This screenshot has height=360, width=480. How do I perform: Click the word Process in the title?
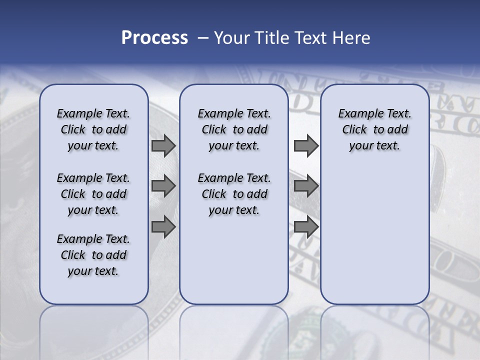(154, 37)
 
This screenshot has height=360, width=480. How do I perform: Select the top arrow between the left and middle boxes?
(163, 146)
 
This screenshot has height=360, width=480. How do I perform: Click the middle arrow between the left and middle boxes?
(163, 186)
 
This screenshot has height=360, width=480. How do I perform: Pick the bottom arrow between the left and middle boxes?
(163, 227)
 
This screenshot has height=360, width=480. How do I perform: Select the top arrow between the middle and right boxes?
(306, 146)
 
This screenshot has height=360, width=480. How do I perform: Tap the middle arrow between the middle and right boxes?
(306, 186)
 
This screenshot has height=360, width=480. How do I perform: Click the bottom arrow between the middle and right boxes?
(306, 227)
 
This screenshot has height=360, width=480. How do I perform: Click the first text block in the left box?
(93, 129)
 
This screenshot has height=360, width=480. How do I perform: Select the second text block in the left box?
(93, 194)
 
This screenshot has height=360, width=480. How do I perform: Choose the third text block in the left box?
(93, 255)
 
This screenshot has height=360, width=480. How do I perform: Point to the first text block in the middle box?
(234, 129)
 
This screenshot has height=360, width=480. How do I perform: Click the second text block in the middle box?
(234, 194)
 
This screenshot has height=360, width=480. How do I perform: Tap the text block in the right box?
(374, 129)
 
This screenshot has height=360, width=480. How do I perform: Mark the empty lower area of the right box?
(374, 230)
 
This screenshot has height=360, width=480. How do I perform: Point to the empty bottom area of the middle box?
(234, 260)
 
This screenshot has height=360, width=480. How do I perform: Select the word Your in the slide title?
(231, 37)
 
